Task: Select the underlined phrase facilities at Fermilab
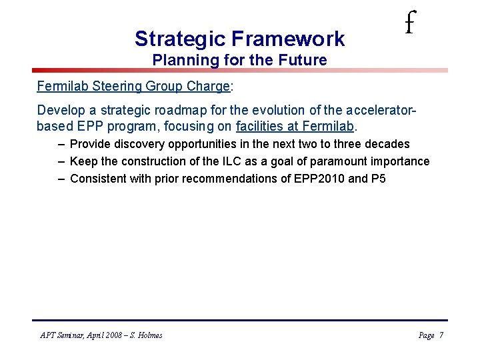point(295,125)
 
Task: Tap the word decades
point(388,144)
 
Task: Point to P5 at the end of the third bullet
point(378,179)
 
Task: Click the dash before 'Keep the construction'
point(61,161)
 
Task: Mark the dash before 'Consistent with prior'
point(61,179)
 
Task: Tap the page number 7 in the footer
point(441,335)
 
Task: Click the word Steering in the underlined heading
point(109,87)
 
